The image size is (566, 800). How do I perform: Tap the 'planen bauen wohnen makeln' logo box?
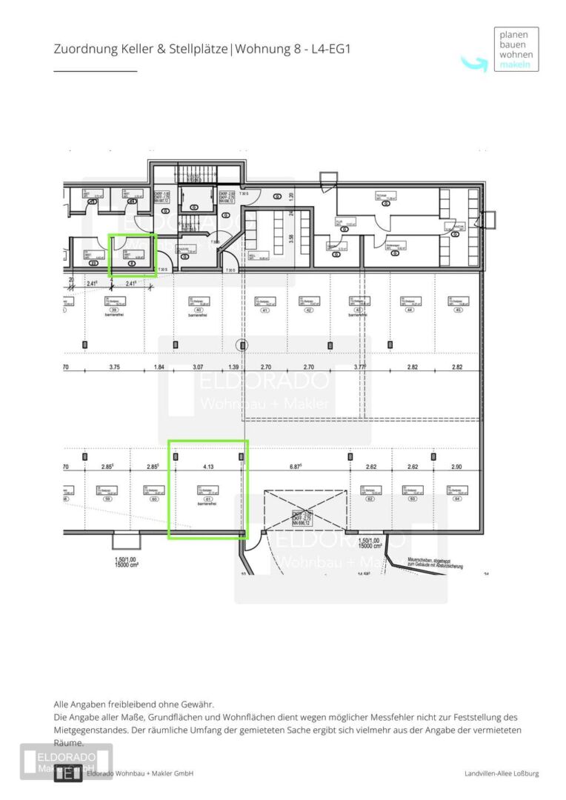(516, 50)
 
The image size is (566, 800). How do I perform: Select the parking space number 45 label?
(459, 311)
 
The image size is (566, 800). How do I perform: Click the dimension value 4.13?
(208, 467)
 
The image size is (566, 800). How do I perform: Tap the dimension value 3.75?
(114, 367)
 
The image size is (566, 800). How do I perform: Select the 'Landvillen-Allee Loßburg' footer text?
(502, 774)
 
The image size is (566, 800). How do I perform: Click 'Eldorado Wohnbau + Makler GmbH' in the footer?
(140, 774)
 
